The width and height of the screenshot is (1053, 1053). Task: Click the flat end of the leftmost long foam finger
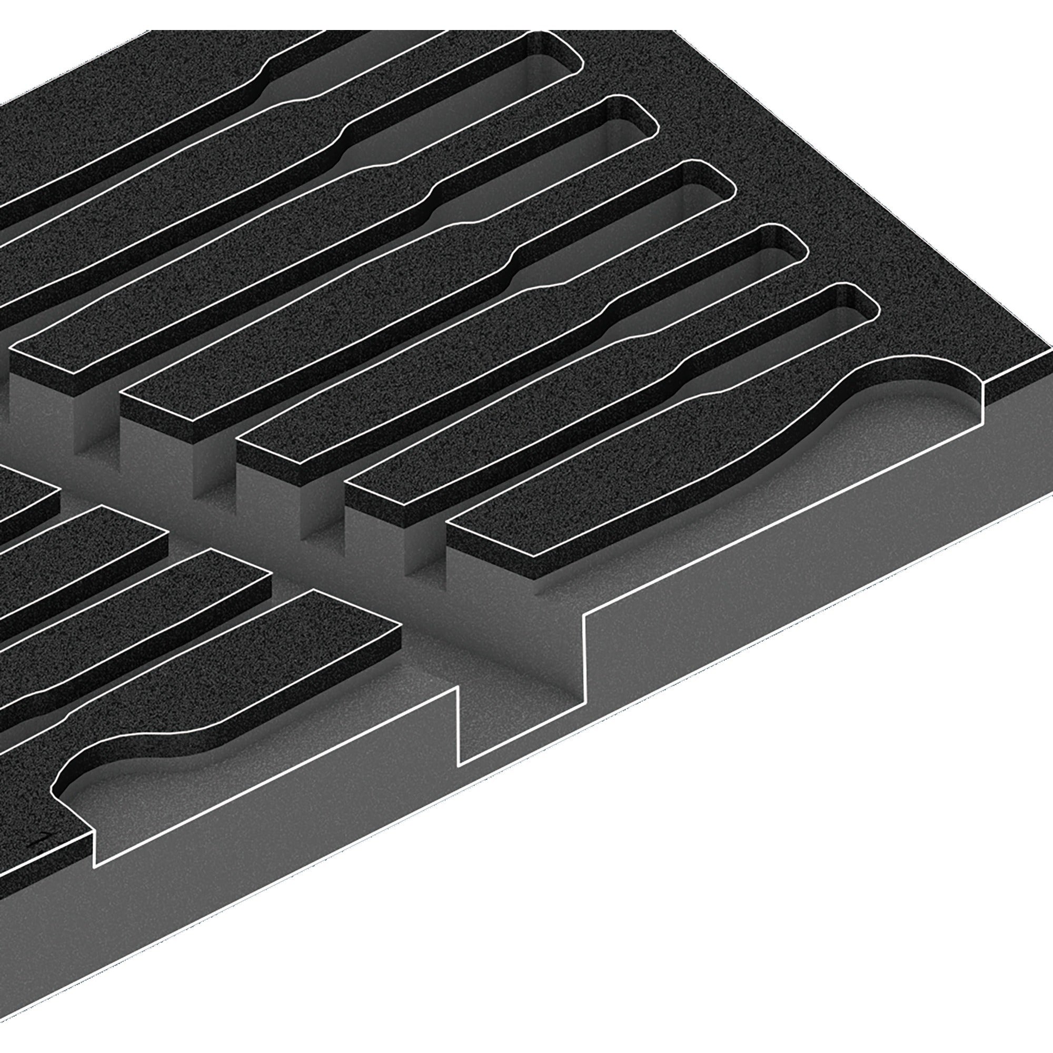(x=44, y=371)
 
